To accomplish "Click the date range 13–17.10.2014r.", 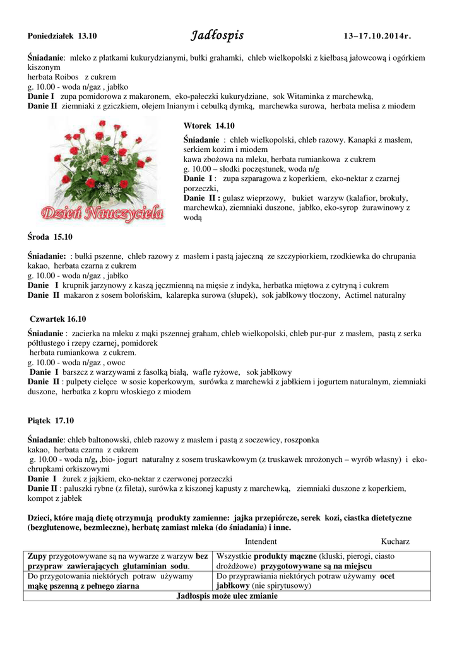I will (x=375, y=37).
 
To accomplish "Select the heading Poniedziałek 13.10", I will (x=62, y=37).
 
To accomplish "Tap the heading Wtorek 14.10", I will (x=208, y=126).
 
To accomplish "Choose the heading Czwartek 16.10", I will (x=58, y=319).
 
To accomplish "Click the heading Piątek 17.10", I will (x=51, y=420).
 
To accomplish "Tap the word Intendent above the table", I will (x=261, y=541).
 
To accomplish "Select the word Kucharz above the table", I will (x=395, y=541).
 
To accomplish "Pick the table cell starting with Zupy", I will (x=119, y=561).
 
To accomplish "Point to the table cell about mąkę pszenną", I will (x=119, y=581).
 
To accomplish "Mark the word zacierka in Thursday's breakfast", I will (x=86, y=333).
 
